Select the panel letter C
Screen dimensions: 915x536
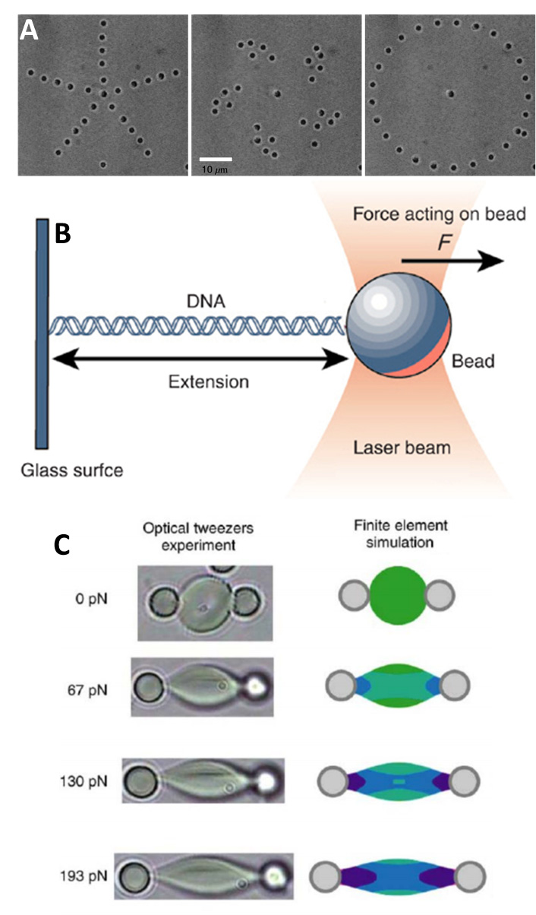pyautogui.click(x=66, y=545)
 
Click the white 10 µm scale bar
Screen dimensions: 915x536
pyautogui.click(x=215, y=159)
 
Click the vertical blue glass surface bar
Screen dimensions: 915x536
pyautogui.click(x=43, y=334)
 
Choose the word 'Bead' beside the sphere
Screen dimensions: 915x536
pyautogui.click(x=474, y=360)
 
